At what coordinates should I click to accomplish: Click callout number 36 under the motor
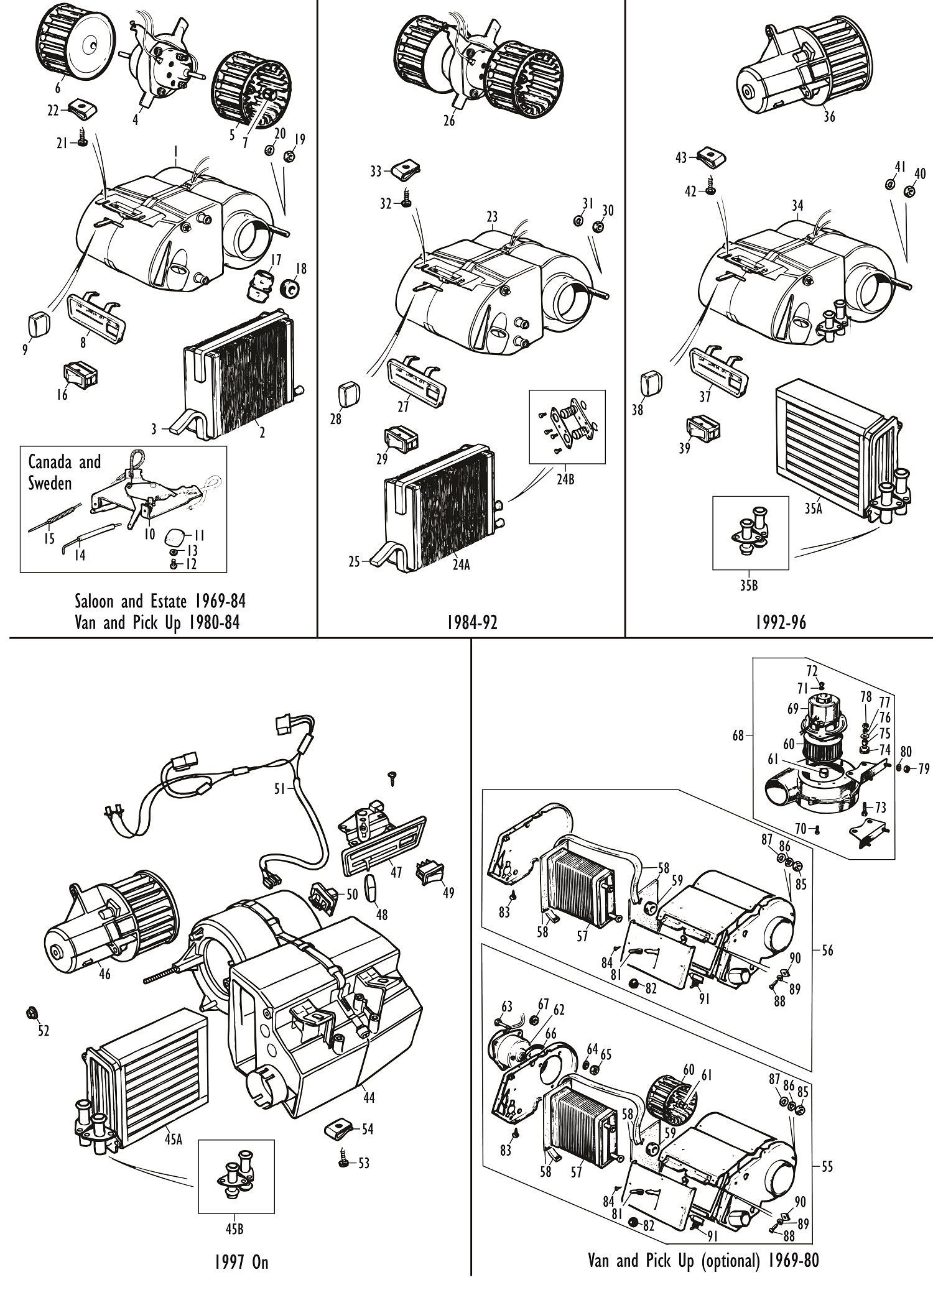pos(829,116)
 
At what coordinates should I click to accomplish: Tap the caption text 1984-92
pos(472,622)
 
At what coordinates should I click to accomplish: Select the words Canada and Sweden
pos(64,472)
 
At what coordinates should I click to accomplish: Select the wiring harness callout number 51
pos(279,788)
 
